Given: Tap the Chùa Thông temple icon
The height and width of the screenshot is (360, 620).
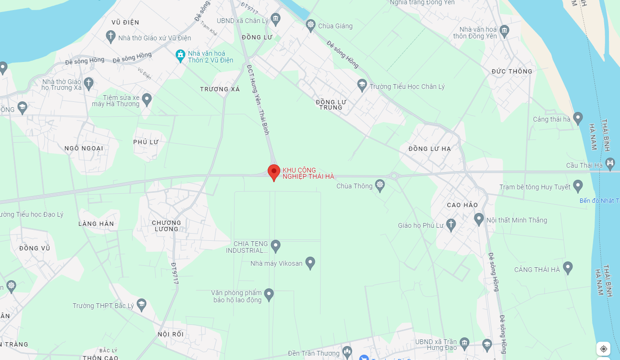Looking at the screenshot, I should [x=380, y=186].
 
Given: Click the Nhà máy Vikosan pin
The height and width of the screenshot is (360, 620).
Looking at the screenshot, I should [x=310, y=262].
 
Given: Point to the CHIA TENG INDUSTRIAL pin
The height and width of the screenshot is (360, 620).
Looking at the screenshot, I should [x=275, y=246].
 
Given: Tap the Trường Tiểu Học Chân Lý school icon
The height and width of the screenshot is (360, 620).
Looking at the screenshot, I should [x=362, y=86].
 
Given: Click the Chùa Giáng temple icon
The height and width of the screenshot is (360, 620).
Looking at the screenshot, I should [x=310, y=25].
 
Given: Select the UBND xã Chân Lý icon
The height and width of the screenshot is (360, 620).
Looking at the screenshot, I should [x=275, y=19].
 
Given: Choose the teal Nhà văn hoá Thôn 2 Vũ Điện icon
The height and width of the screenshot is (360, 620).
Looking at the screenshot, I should [x=180, y=55].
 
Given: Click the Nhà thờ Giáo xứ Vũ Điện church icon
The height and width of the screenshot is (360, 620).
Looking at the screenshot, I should [x=111, y=37].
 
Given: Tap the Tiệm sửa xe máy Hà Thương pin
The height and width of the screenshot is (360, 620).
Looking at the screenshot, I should [x=147, y=99].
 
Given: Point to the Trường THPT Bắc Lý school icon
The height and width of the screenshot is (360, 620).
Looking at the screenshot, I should [x=141, y=304].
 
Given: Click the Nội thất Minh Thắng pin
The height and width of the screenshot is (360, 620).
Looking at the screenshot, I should [x=479, y=219].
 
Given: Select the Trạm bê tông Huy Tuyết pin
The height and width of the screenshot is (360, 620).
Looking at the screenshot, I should [x=578, y=186].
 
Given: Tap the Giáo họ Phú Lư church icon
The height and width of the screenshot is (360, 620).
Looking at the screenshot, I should [x=451, y=224].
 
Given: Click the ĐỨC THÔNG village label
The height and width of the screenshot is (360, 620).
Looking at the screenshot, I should [x=512, y=71].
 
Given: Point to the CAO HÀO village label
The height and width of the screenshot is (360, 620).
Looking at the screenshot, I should [x=462, y=205].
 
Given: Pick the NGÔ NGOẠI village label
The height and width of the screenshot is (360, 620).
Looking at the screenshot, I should [x=84, y=148].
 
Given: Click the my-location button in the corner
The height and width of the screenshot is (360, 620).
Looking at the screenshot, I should [x=604, y=349].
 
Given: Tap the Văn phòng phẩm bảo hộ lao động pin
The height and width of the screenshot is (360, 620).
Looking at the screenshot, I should [x=269, y=294].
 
